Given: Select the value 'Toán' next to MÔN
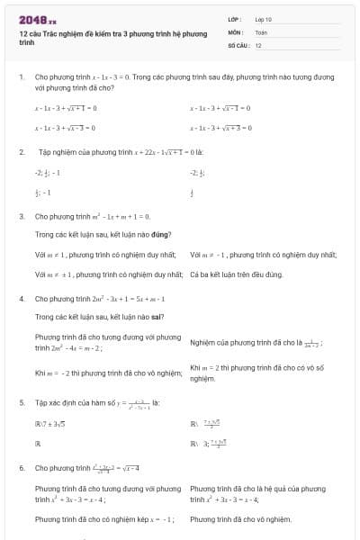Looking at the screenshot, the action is tap(261, 31).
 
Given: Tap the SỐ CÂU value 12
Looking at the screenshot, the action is tap(258, 44).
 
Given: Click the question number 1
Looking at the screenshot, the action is tap(21, 78).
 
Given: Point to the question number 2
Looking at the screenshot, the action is tap(21, 152).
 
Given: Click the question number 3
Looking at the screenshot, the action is tap(21, 217).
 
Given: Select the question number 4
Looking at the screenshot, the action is tap(21, 298).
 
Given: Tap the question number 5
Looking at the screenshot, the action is tap(21, 402).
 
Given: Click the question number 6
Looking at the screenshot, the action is tap(21, 468).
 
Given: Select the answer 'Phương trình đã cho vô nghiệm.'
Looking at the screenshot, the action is tap(240, 519).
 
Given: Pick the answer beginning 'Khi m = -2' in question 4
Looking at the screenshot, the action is tap(95, 373).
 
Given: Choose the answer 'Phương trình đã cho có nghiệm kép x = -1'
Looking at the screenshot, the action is tap(98, 519).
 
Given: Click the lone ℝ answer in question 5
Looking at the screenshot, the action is tap(38, 444).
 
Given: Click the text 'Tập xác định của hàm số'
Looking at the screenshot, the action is tap(74, 402).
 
